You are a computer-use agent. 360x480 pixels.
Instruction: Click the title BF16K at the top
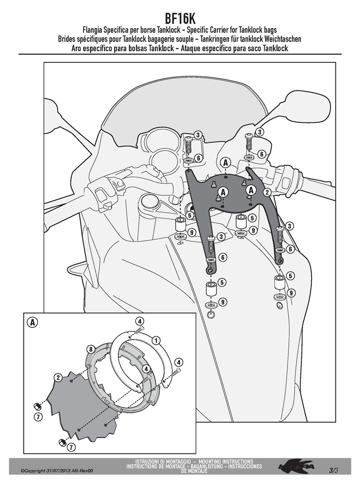[x=180, y=19]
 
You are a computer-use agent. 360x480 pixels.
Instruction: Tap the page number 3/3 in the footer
[x=334, y=469]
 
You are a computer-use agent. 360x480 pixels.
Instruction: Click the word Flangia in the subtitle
[x=93, y=30]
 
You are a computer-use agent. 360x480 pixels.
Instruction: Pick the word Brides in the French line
[x=67, y=39]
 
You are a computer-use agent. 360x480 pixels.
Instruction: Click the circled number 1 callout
[x=156, y=340]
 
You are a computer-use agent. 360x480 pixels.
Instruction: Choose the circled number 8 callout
[x=90, y=349]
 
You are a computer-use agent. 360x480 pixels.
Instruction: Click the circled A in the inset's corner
[x=33, y=323]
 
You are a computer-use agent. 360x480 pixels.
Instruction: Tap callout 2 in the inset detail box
[x=58, y=378]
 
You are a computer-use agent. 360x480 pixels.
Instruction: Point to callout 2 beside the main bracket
[x=267, y=192]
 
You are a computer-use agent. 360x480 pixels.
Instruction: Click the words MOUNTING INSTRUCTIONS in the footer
[x=226, y=461]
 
